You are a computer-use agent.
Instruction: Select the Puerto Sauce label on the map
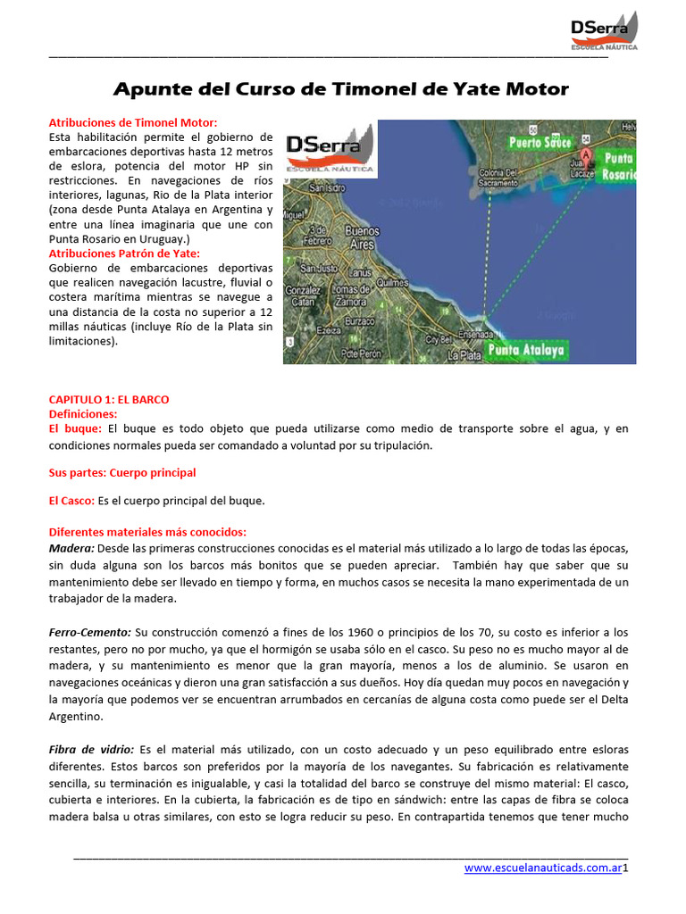tap(540, 142)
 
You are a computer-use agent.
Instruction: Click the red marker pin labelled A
tap(586, 154)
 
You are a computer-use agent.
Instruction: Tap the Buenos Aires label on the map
tap(362, 237)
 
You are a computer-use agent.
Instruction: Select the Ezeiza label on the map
tap(329, 331)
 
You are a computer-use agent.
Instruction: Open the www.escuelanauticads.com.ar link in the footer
tap(542, 868)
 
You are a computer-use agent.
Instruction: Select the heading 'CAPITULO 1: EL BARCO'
tap(108, 399)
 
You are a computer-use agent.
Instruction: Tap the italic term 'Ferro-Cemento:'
tap(90, 631)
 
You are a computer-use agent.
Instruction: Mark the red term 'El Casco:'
tap(71, 501)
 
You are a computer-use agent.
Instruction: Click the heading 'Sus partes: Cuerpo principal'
tap(121, 472)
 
